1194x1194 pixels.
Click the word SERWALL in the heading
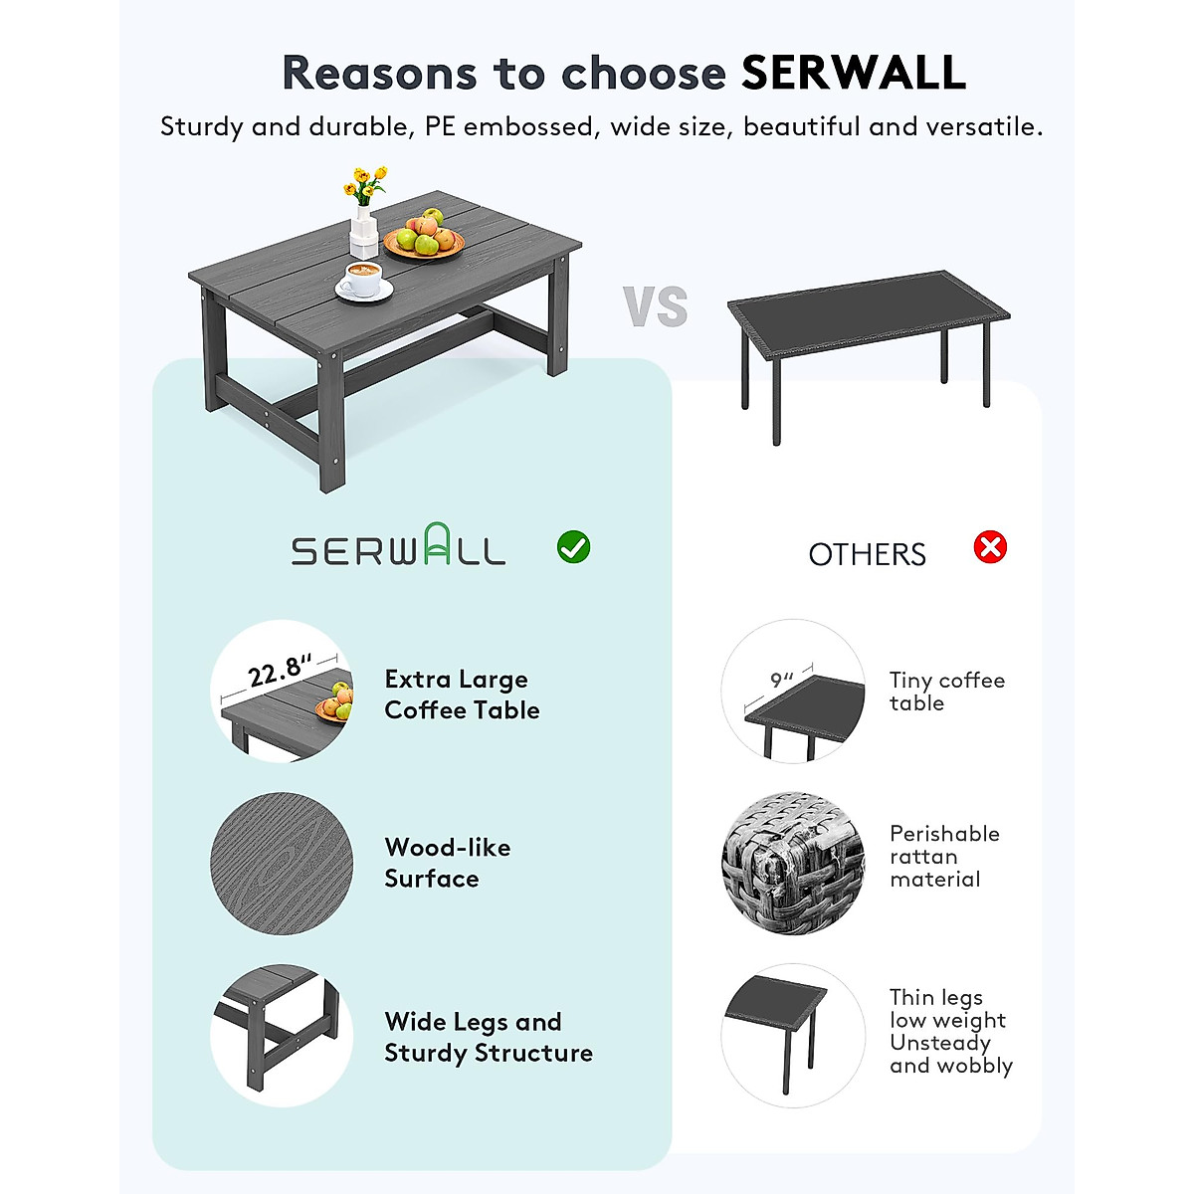point(854,73)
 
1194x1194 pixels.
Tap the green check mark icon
point(573,546)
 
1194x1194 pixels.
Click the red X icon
point(990,546)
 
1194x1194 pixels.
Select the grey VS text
point(657,306)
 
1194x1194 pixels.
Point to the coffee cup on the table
point(363,280)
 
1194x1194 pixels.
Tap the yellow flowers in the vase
point(365,185)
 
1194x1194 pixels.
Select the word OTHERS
point(867,554)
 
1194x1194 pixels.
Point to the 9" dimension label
point(783,681)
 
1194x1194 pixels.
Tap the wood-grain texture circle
point(282,863)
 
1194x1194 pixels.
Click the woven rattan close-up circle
point(793,863)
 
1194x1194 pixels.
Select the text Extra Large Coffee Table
point(462,695)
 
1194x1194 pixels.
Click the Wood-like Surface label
point(447,863)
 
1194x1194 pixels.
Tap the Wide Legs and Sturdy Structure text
point(488,1037)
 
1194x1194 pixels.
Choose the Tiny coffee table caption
point(946,692)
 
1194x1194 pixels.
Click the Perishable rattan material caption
point(943,856)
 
